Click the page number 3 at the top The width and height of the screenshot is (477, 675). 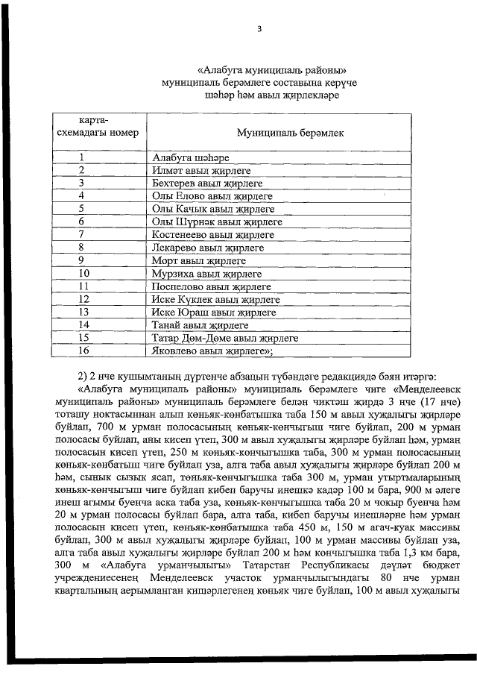pyautogui.click(x=259, y=29)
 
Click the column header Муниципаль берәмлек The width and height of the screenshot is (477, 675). pyautogui.click(x=290, y=132)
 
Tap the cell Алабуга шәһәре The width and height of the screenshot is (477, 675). pyautogui.click(x=190, y=158)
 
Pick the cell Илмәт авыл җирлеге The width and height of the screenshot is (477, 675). pyautogui.click(x=200, y=171)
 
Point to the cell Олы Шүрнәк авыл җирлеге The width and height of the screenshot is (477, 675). pyautogui.click(x=217, y=222)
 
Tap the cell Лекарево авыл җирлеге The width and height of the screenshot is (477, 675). pyautogui.click(x=208, y=247)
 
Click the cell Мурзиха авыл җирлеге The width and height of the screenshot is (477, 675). pyautogui.click(x=206, y=273)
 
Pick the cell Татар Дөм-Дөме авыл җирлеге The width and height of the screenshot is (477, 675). pyautogui.click(x=224, y=338)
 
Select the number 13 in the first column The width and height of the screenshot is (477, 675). pyautogui.click(x=83, y=312)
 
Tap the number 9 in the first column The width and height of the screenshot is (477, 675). pyautogui.click(x=83, y=260)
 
